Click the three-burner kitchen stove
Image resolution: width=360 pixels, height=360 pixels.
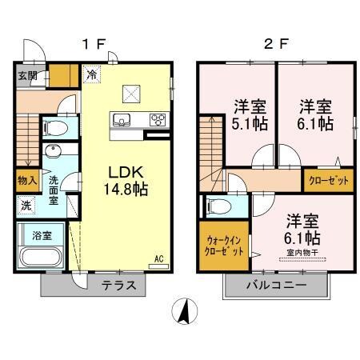tap(157, 121)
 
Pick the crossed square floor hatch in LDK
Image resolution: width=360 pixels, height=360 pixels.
tap(131, 94)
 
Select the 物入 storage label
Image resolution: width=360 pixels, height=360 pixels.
tap(26, 180)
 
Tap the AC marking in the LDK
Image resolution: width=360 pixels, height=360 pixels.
tap(158, 258)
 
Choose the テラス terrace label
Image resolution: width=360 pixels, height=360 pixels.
tap(118, 286)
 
